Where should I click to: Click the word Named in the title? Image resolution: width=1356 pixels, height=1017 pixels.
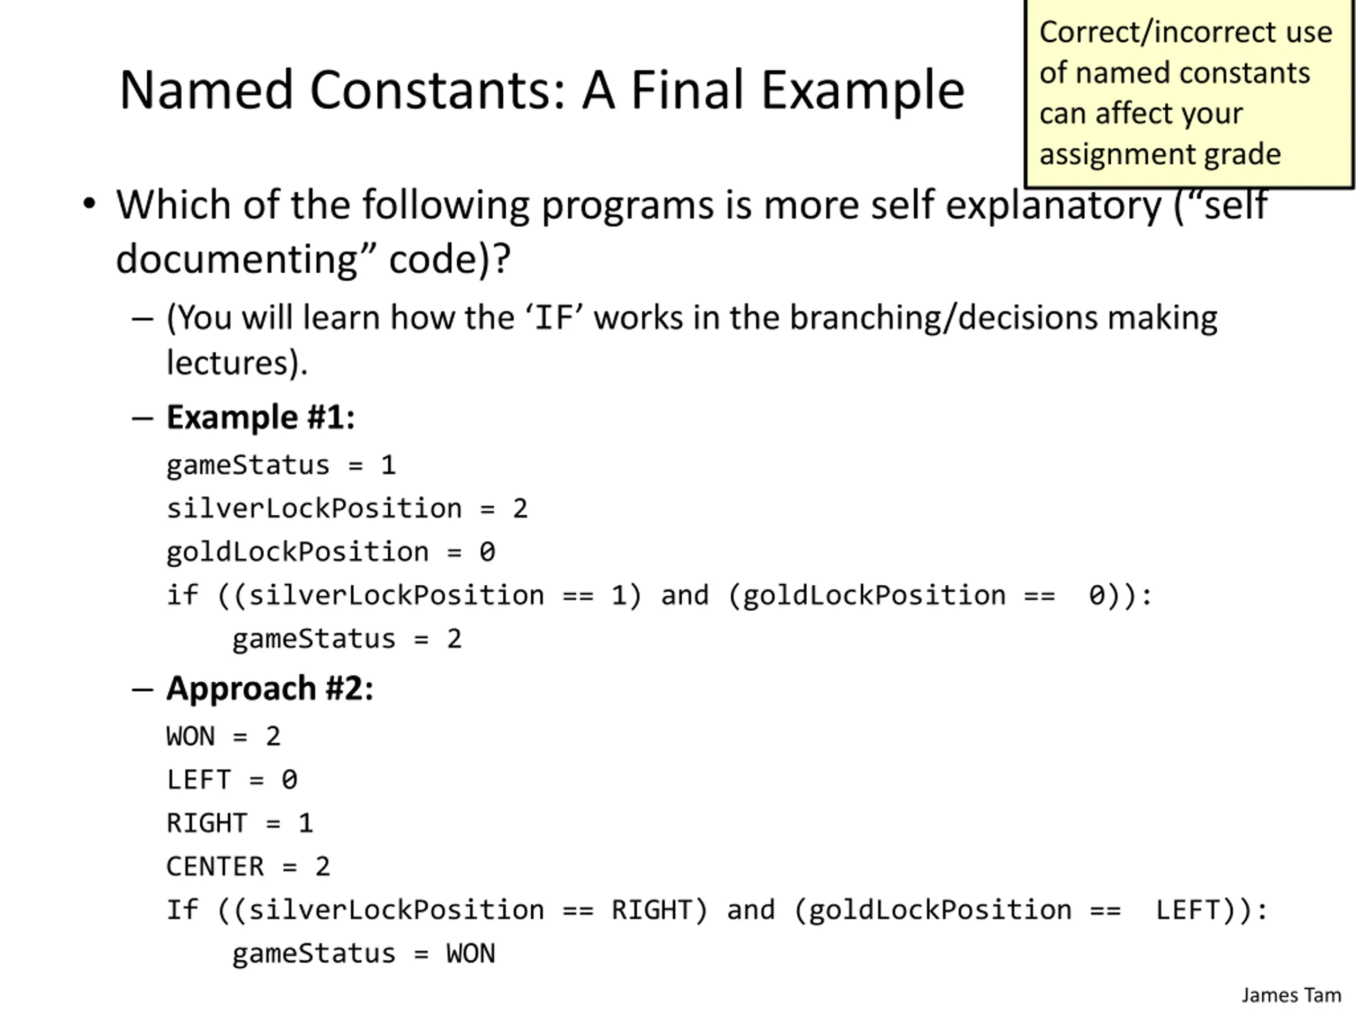[206, 91]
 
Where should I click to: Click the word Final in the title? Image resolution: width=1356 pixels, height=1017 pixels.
[689, 91]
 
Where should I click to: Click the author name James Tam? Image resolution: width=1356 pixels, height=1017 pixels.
[1291, 995]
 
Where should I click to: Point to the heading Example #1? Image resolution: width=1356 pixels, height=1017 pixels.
[261, 418]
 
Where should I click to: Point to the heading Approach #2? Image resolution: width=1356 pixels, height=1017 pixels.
[270, 689]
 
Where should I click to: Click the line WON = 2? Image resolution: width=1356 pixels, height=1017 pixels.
[223, 736]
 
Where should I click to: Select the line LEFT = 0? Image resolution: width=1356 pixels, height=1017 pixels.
[231, 780]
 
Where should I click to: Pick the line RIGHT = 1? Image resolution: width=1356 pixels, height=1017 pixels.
[240, 823]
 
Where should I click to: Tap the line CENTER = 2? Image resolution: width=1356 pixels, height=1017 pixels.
[248, 867]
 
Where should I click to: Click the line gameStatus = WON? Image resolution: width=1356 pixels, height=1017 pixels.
[363, 954]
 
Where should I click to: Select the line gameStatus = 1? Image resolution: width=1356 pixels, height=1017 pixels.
[281, 465]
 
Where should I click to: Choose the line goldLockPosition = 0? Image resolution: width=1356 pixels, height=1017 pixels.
[331, 552]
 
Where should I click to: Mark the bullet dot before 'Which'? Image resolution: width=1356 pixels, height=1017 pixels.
[90, 205]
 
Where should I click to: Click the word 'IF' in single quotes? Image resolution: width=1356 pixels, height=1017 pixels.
[554, 318]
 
